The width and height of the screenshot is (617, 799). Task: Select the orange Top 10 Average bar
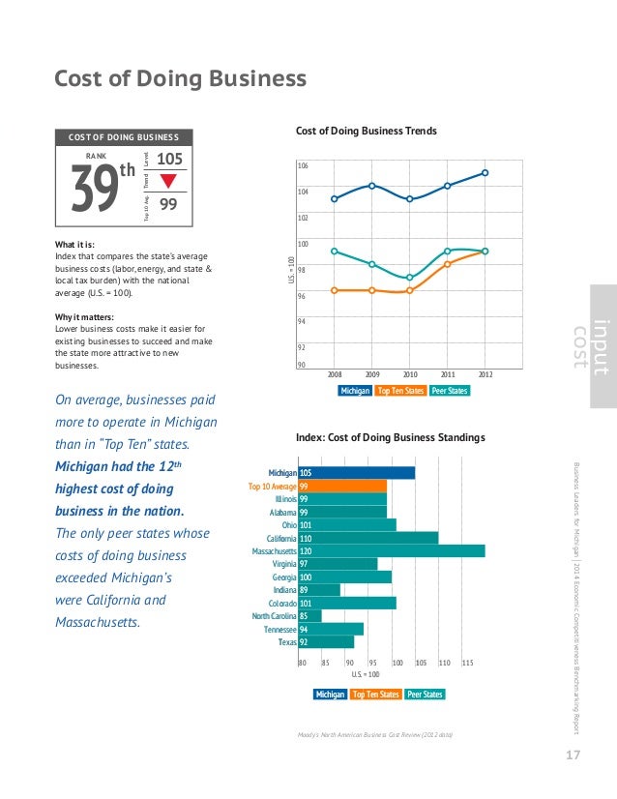[x=343, y=486]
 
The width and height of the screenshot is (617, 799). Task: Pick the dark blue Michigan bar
[x=358, y=473]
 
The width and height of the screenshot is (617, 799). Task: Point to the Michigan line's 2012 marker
[x=485, y=173]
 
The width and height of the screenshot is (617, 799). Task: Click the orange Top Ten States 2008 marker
[x=334, y=290]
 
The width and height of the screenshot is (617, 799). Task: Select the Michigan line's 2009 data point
[x=371, y=186]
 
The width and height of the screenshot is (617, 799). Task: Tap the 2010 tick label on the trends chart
[x=410, y=372]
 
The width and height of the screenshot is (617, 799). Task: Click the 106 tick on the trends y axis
[x=303, y=166]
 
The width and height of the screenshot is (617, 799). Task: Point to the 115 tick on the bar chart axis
[x=468, y=663]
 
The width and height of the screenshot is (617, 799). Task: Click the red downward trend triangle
[x=168, y=181]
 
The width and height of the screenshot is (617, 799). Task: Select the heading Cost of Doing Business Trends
[x=365, y=131]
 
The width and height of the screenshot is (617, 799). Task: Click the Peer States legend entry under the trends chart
[x=450, y=391]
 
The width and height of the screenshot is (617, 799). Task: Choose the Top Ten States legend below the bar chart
[x=375, y=695]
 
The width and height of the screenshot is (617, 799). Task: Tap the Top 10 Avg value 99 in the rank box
[x=168, y=204]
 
